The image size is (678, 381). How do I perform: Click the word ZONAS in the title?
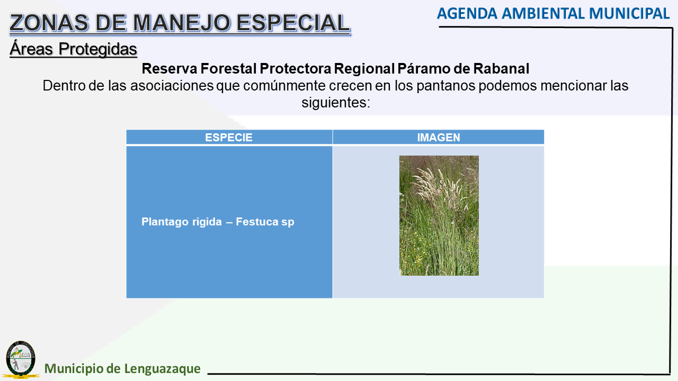[x=49, y=23]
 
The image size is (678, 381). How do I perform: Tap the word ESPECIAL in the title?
[x=293, y=23]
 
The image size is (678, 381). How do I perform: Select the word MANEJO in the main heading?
[x=182, y=23]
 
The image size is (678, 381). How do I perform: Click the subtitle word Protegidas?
[x=98, y=49]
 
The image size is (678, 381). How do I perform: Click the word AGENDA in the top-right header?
[x=467, y=14]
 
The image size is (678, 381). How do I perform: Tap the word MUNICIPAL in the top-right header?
[x=629, y=14]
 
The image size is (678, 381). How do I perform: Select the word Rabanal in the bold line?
[x=501, y=69]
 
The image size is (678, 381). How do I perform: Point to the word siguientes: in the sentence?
[x=336, y=103]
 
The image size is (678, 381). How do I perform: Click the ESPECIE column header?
[x=229, y=138]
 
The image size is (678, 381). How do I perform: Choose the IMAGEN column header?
[x=439, y=138]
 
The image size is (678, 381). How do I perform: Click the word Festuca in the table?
[x=257, y=222]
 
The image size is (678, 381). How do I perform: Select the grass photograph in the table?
[x=439, y=215]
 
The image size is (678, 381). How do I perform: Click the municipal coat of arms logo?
[x=21, y=359]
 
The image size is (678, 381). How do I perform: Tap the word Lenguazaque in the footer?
[x=162, y=369]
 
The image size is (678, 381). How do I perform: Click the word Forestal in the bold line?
[x=228, y=69]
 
